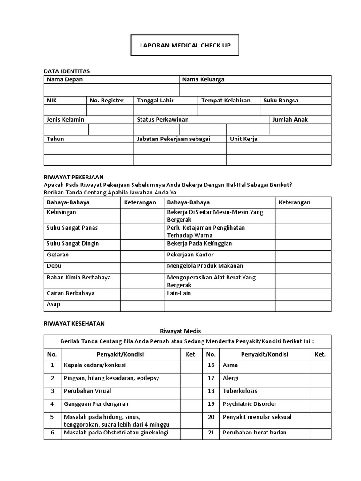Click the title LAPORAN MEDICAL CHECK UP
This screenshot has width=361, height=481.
[x=185, y=46]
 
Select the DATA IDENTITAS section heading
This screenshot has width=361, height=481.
[x=66, y=71]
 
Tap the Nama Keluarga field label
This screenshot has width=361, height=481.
[x=203, y=79]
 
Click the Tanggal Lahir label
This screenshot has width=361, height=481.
[x=155, y=100]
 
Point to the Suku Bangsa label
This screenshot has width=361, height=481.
[x=281, y=100]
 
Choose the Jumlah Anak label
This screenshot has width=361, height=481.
[x=290, y=120]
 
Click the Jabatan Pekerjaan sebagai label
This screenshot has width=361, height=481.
[x=173, y=139]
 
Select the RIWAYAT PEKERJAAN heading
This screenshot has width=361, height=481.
[x=73, y=178]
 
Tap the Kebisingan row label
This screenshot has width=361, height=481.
[x=61, y=212]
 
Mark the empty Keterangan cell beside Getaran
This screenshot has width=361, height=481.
[x=142, y=255]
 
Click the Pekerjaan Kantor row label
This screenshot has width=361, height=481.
[x=190, y=255]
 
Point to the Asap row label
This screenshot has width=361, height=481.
[x=54, y=304]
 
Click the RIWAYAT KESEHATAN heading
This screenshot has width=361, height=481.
[x=74, y=323]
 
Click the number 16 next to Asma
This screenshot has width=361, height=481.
[x=211, y=365]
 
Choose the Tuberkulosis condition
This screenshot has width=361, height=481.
[x=240, y=391]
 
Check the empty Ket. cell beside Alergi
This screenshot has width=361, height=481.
[x=320, y=378]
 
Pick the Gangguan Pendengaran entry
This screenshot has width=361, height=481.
[x=96, y=404]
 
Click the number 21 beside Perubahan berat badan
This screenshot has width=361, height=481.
[x=211, y=433]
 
